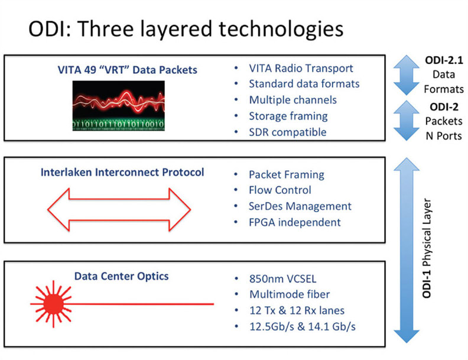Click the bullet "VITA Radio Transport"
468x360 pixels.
click(301, 69)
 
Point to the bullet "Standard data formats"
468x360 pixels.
click(304, 84)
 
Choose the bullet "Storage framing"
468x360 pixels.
click(288, 116)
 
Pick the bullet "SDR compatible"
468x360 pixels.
click(287, 132)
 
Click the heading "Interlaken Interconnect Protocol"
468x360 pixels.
click(122, 173)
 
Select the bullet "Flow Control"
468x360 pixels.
click(279, 190)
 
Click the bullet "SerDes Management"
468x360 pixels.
click(300, 206)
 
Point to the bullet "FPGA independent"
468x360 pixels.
click(294, 222)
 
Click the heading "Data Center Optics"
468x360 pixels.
click(122, 276)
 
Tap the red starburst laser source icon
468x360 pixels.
click(52, 304)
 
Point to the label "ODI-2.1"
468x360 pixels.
click(443, 61)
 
